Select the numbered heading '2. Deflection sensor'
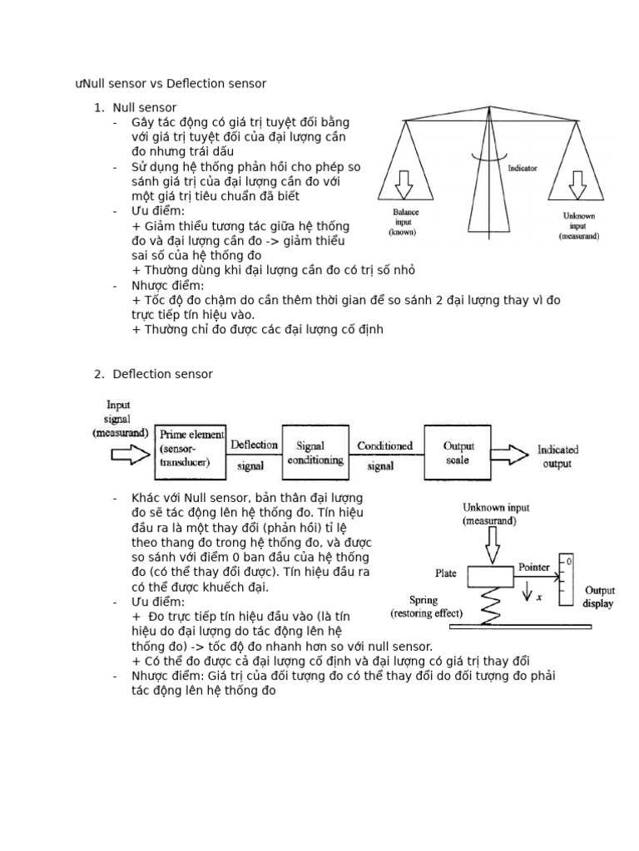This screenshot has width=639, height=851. (x=163, y=374)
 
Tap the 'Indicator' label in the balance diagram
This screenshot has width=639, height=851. (x=523, y=168)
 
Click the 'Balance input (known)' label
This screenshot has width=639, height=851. (x=407, y=223)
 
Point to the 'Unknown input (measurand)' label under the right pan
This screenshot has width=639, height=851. (x=579, y=225)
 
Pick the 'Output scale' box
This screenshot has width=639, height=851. (x=458, y=451)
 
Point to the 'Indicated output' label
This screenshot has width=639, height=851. (x=557, y=456)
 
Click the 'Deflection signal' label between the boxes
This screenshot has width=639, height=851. (x=253, y=455)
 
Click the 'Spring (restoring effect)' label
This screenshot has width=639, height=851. (x=427, y=607)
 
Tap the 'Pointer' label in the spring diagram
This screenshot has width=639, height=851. (x=533, y=567)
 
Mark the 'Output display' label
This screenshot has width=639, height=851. (x=599, y=597)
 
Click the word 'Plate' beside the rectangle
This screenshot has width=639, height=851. (x=446, y=573)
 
